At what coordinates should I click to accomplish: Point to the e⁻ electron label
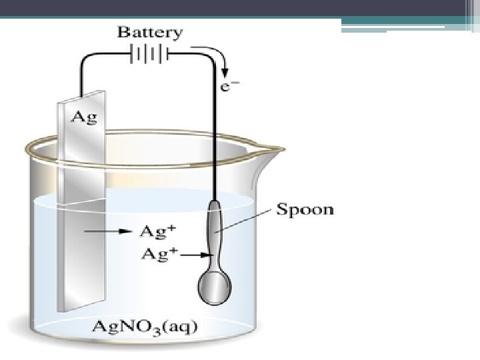[x=227, y=87]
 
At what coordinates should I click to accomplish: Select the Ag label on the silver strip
[x=84, y=117]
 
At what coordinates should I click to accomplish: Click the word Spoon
[x=305, y=210]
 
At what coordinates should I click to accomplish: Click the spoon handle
[x=214, y=230]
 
